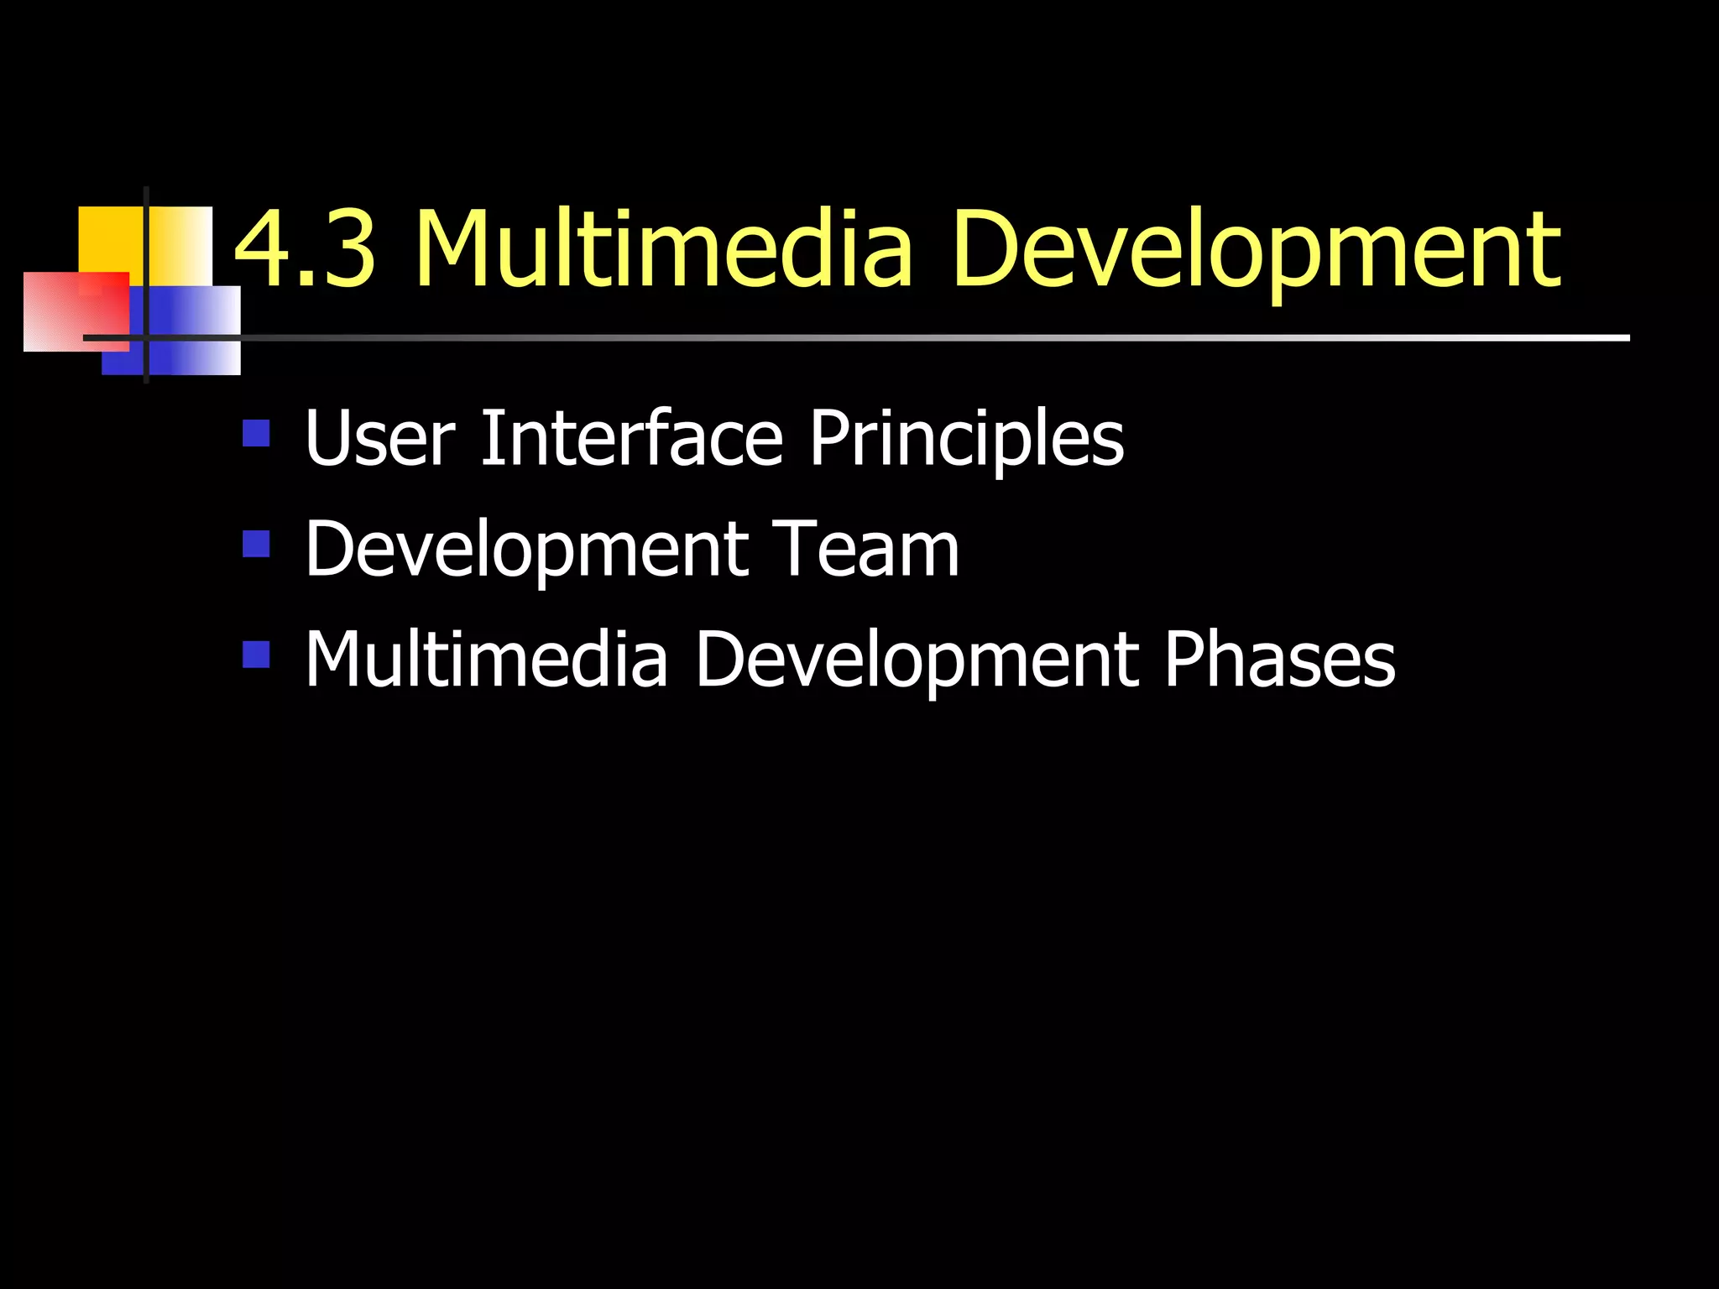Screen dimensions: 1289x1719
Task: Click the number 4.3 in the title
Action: point(304,249)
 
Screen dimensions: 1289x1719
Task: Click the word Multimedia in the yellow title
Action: point(663,249)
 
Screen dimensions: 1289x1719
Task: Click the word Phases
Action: point(1279,660)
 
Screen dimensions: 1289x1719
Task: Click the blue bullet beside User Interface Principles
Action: point(256,433)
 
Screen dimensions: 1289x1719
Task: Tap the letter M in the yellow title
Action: point(460,249)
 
